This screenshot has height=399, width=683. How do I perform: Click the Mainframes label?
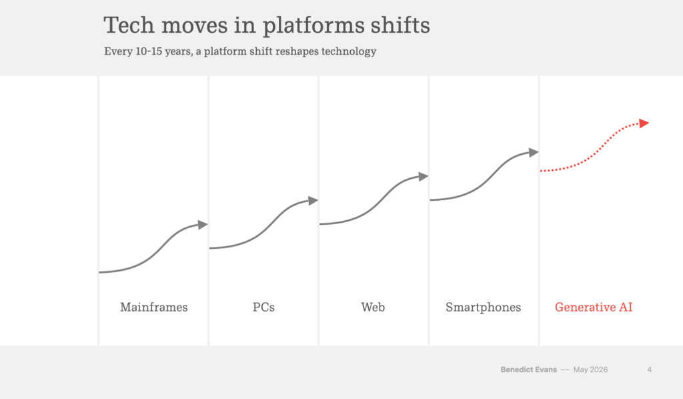(x=154, y=307)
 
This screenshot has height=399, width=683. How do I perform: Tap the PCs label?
(x=263, y=307)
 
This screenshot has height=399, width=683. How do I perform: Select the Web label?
(x=373, y=307)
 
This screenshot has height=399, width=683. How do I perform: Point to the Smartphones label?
(x=483, y=308)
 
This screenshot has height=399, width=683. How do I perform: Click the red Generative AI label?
(x=594, y=307)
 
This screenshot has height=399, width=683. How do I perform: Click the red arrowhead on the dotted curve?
(x=644, y=123)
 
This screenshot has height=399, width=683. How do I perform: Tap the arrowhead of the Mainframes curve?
(x=203, y=225)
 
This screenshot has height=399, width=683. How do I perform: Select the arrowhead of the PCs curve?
(x=313, y=200)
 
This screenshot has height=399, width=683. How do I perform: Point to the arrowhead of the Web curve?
(x=424, y=176)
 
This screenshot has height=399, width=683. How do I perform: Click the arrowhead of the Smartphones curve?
(x=534, y=152)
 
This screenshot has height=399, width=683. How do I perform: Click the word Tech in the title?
(x=129, y=25)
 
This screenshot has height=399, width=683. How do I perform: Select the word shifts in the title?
(x=400, y=25)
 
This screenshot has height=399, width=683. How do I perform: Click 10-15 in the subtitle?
(x=149, y=51)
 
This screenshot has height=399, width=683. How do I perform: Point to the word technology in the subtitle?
(x=349, y=52)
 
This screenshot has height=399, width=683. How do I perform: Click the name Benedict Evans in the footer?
(x=529, y=370)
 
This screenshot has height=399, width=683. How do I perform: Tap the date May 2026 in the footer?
(x=591, y=370)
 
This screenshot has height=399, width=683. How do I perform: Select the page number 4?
(x=650, y=370)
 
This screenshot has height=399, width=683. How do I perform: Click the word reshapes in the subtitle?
(x=297, y=52)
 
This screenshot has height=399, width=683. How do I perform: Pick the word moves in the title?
(x=194, y=26)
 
